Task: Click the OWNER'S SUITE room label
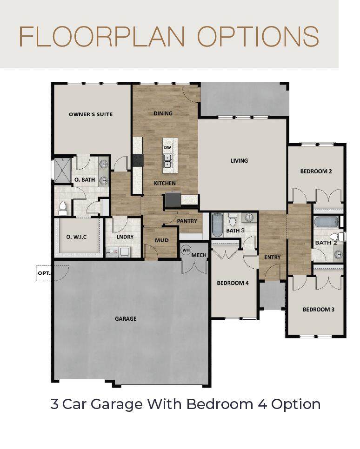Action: [x=91, y=114]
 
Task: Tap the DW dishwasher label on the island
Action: [x=167, y=148]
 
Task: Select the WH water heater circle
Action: [x=186, y=250]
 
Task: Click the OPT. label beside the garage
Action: [x=44, y=273]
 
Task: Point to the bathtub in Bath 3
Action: [x=217, y=225]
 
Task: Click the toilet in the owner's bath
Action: [x=62, y=208]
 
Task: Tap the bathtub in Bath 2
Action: [x=326, y=222]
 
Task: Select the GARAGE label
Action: [x=126, y=319]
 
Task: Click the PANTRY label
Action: [x=187, y=221]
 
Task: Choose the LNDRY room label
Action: [x=125, y=237]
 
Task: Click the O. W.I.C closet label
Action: [x=76, y=237]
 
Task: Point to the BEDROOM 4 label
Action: [x=233, y=283]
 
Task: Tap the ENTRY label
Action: [x=272, y=257]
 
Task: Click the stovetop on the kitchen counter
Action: [x=138, y=160]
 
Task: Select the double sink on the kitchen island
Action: [x=167, y=161]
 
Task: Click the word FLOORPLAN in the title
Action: [x=102, y=36]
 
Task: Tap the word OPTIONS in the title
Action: [x=258, y=36]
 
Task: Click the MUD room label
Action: [x=162, y=240]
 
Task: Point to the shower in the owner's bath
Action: [x=62, y=171]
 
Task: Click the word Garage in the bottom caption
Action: [x=117, y=405]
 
